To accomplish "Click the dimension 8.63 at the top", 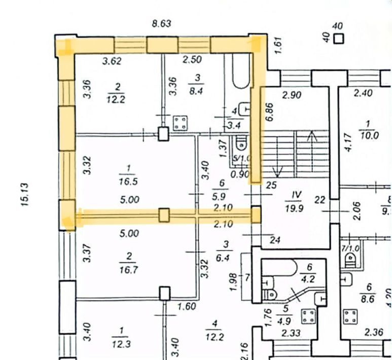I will [x=162, y=23].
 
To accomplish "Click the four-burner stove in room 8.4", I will [x=180, y=122].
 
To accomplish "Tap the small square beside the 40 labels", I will [x=338, y=38].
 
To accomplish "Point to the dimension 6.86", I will [x=269, y=112].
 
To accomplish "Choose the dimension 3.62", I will [x=112, y=61].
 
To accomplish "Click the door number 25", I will [x=271, y=186].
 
